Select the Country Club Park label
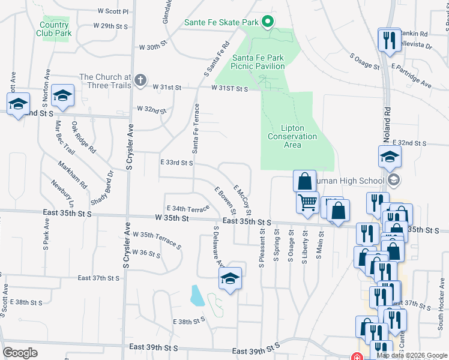coord(55,29)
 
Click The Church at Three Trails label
coord(105,81)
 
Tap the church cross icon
coord(140,80)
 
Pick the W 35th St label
coord(172,219)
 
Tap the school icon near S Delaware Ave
coord(230,278)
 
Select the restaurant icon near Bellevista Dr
coord(390,40)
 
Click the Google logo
coord(20,352)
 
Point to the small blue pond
coord(196,295)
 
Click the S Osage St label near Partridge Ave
coord(365,62)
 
